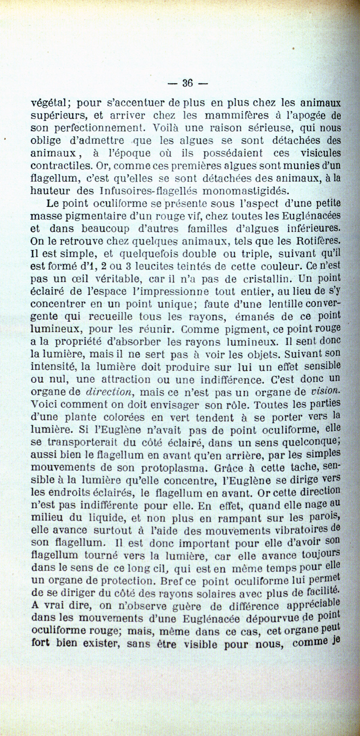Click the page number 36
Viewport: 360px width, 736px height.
pyautogui.click(x=187, y=83)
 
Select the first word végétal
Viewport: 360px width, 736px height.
pyautogui.click(x=49, y=103)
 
